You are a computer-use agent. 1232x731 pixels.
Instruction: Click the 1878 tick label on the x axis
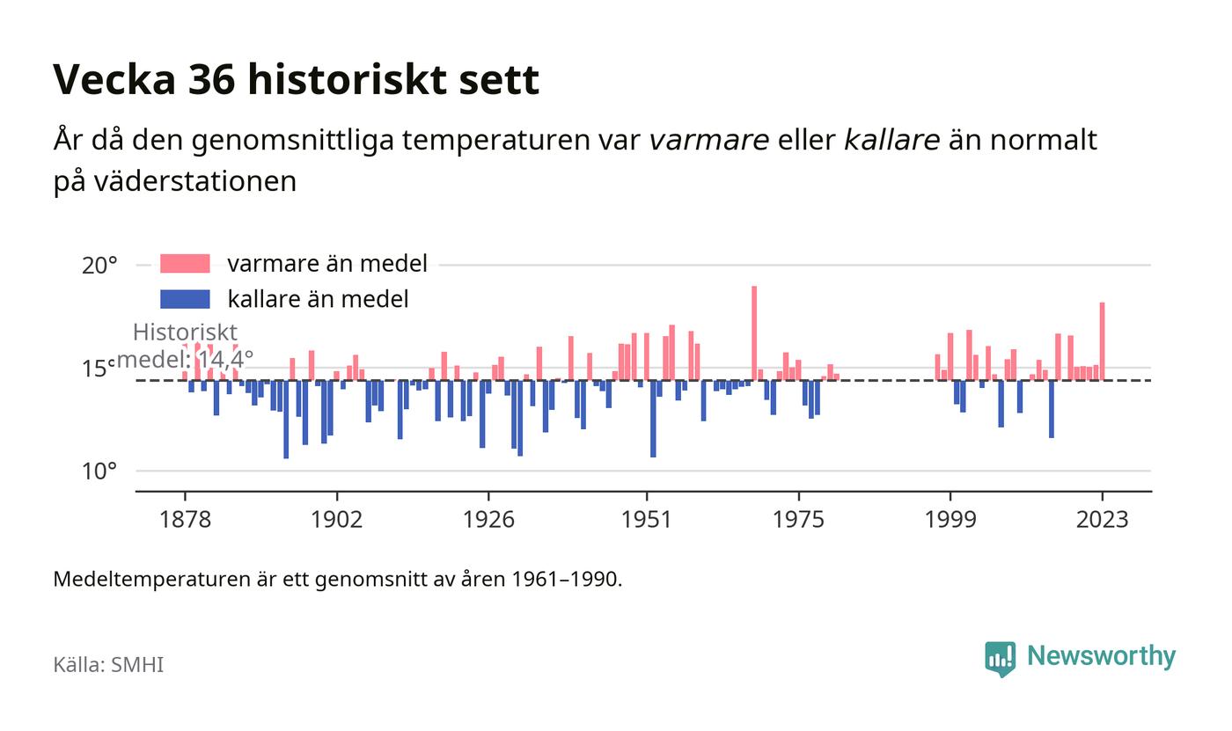[185, 519]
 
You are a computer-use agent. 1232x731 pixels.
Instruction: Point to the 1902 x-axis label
[336, 519]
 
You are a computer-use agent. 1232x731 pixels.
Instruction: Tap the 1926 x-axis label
[488, 519]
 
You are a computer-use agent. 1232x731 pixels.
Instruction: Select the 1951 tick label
[647, 519]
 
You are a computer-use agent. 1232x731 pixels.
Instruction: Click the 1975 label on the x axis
[799, 519]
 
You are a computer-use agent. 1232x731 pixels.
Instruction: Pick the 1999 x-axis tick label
[950, 519]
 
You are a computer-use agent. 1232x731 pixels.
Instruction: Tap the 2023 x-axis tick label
[1102, 519]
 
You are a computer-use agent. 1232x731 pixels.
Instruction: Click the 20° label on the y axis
[99, 266]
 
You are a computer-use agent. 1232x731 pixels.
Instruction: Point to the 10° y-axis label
[99, 471]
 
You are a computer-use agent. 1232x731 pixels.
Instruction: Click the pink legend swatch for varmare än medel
[185, 263]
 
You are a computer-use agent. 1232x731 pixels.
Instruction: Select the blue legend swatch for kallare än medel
[185, 299]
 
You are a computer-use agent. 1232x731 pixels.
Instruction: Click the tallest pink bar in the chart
[754, 333]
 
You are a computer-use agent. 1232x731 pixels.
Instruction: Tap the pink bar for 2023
[1102, 341]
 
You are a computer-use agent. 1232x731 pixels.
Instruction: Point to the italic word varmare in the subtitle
[709, 140]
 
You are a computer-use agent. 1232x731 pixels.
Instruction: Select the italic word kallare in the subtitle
[891, 140]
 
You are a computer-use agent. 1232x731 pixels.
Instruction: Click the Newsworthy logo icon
[1000, 659]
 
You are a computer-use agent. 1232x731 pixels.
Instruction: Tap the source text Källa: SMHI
[108, 664]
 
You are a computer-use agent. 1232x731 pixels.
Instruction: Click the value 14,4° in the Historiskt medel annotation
[225, 360]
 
